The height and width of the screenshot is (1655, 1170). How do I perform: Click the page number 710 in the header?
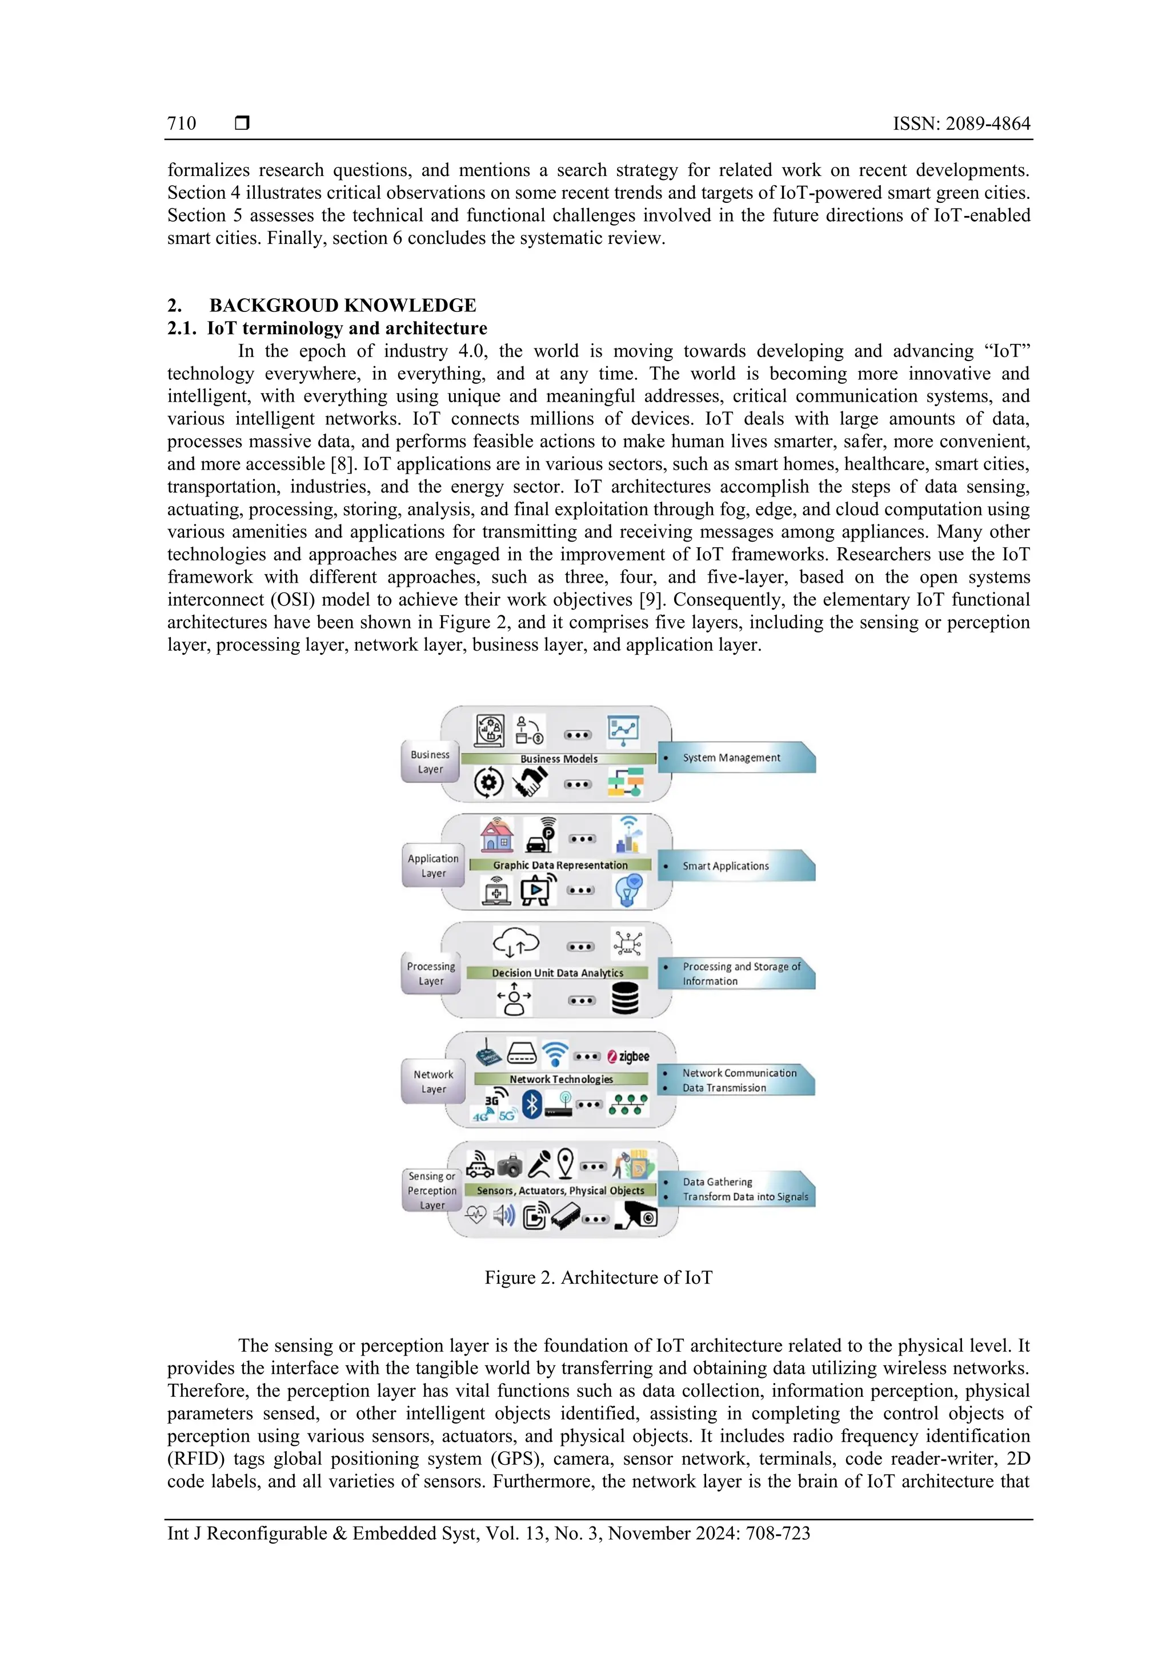click(182, 124)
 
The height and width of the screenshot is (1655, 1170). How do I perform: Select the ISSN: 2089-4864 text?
click(961, 124)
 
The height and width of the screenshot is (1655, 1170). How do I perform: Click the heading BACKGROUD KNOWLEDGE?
click(342, 306)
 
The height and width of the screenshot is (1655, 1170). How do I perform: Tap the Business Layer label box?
click(430, 762)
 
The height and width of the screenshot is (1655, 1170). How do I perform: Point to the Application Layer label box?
click(433, 865)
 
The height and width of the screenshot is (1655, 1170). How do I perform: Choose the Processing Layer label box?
click(431, 974)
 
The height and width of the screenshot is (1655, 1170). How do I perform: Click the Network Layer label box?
click(433, 1081)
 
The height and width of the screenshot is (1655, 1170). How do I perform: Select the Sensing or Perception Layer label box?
click(432, 1190)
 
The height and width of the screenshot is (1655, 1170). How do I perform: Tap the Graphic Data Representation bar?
click(560, 865)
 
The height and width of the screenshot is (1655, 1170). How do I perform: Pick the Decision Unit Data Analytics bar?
click(557, 973)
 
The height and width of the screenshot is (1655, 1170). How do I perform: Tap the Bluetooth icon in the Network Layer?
click(531, 1104)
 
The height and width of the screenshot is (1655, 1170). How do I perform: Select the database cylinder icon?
click(625, 1000)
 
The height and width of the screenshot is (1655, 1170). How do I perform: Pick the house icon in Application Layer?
click(496, 836)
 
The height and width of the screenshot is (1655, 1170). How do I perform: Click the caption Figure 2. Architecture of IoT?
click(598, 1278)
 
